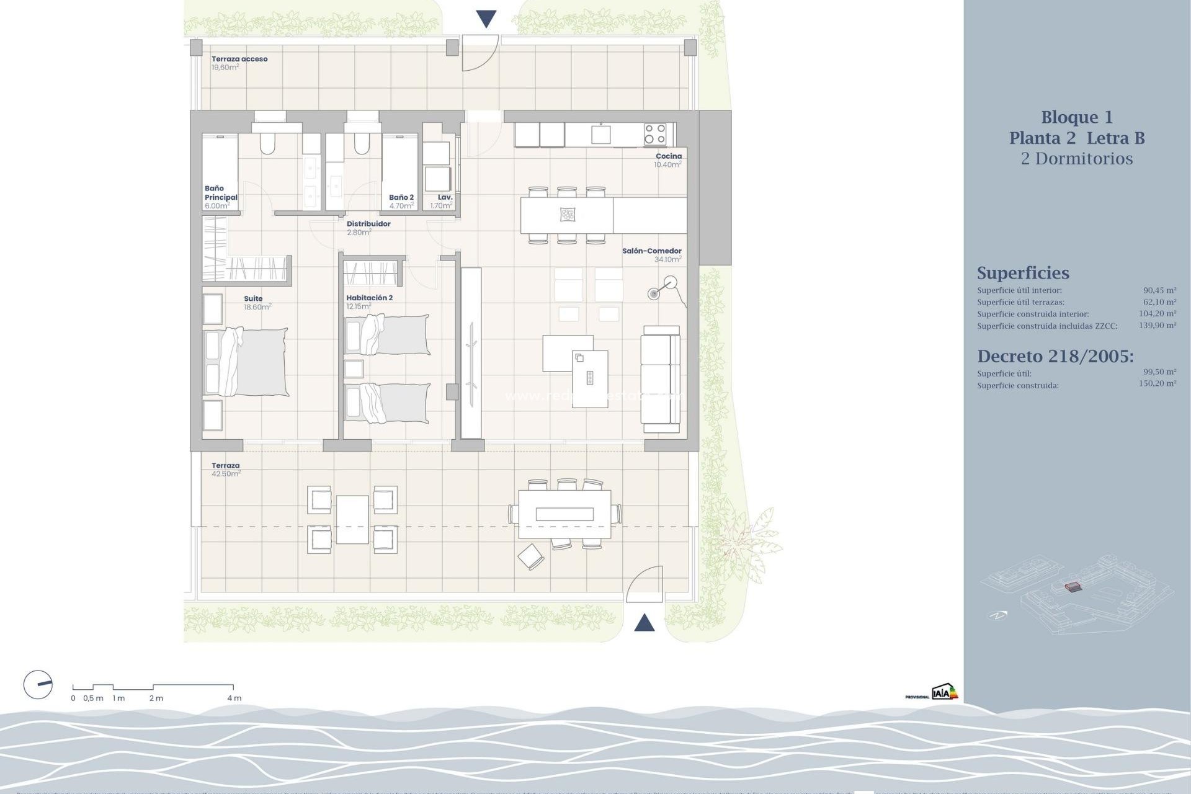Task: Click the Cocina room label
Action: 669,156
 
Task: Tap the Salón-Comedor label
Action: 651,251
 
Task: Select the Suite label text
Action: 253,298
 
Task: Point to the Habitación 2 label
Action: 369,298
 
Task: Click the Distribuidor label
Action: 368,224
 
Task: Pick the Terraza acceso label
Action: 239,59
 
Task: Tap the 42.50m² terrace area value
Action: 226,474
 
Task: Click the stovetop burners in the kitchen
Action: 655,134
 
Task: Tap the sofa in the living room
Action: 661,379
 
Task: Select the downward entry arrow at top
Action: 486,19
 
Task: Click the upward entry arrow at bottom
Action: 645,622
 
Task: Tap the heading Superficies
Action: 1023,273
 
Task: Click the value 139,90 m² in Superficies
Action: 1157,325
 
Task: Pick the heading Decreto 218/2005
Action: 1055,356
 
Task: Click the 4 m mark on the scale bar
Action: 234,698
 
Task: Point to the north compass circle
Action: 38,685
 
